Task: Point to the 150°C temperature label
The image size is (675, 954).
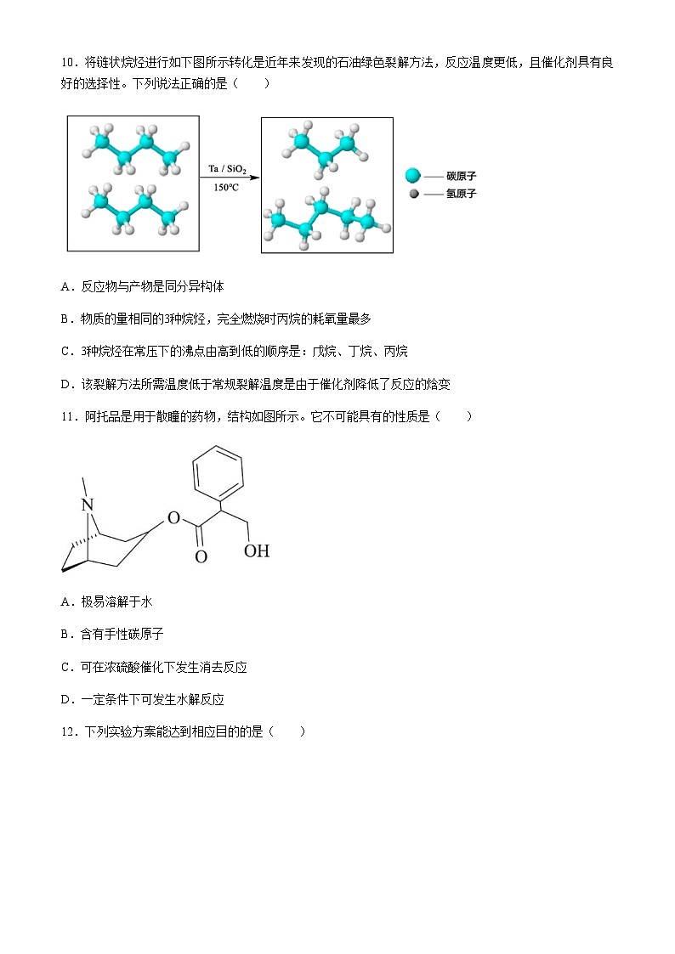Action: coord(226,188)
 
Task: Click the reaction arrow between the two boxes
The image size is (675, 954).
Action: coord(230,179)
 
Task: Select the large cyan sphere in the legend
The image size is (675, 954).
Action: coord(413,176)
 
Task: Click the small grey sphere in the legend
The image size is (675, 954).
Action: coord(413,194)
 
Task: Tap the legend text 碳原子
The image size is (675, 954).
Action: coord(462,176)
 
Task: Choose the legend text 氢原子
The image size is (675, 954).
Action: coord(462,194)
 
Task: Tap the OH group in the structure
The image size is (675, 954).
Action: coord(256,551)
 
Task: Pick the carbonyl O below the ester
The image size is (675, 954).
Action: coord(201,557)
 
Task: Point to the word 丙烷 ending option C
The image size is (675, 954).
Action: coord(396,351)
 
